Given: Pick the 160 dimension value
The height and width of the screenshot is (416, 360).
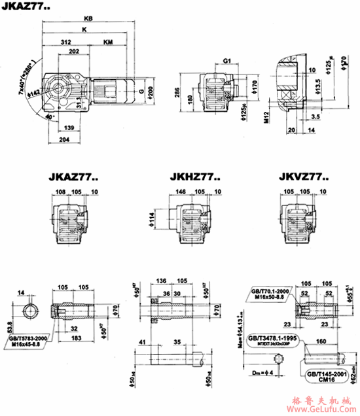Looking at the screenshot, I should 321,341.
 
